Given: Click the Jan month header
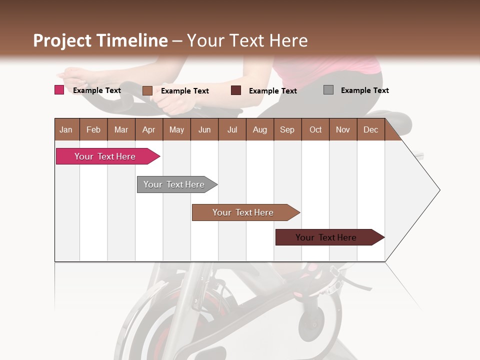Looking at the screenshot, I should [66, 130].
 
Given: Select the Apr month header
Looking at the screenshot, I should [149, 130].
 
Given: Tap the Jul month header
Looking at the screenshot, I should [232, 130].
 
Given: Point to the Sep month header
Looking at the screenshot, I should [287, 130].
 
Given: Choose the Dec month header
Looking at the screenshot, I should [370, 130].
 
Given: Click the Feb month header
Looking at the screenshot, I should [93, 130].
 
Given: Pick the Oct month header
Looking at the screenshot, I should [315, 130].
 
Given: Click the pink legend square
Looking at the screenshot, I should [59, 90].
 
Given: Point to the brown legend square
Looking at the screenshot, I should [147, 90].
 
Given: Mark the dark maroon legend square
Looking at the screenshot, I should [236, 90].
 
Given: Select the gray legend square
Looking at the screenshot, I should [328, 90].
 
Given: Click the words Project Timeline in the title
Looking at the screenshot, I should [100, 40].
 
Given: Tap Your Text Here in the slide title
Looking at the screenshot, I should [247, 40].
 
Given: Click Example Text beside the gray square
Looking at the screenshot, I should [364, 90].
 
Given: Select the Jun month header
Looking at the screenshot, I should [204, 130].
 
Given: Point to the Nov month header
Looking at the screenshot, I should [343, 130].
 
